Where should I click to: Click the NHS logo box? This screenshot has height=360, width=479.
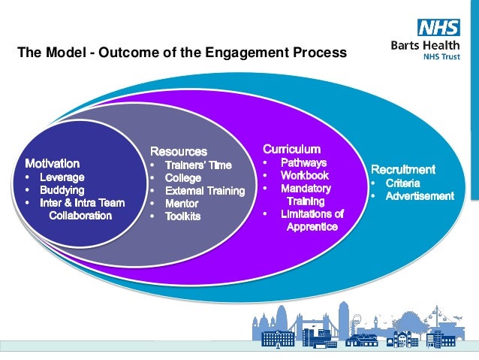coord(438,29)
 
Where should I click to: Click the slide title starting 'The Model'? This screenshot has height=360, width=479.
coord(182,53)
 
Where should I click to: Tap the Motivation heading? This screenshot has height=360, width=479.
coord(53,162)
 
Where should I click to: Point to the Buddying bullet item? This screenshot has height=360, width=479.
coord(62,190)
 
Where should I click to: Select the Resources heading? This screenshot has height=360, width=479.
coord(179,151)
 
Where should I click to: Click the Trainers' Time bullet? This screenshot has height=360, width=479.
coord(198,165)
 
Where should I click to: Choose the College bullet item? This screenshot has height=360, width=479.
coord(183,178)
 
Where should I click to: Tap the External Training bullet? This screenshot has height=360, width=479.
coord(205,191)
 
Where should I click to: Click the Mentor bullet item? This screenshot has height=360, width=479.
coord(182,203)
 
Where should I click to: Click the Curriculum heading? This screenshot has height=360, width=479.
coord(291,149)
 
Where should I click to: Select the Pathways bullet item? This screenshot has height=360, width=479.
coord(303,162)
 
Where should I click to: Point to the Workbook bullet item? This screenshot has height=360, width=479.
coord(305,175)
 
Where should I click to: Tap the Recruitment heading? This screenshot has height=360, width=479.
coord(403,169)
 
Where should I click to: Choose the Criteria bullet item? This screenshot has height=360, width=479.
coord(402,183)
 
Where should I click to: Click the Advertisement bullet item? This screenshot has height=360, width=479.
coord(420,196)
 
